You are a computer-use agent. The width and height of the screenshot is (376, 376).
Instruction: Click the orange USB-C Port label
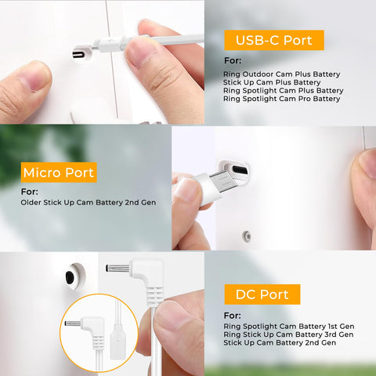274,40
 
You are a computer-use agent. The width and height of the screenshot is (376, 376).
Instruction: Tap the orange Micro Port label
59,172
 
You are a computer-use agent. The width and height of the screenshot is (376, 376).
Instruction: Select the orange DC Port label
262,295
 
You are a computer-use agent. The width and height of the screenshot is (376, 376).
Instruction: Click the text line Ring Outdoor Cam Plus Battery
281,74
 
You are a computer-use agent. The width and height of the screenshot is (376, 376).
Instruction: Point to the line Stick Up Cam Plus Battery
272,82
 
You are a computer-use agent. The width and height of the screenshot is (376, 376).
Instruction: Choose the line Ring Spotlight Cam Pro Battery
281,99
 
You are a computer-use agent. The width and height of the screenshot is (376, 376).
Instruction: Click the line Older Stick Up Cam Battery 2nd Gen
89,202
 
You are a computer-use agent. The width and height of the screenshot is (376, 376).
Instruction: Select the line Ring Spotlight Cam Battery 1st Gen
289,327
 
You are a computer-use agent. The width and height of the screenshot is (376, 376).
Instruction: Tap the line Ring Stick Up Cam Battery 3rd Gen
288,334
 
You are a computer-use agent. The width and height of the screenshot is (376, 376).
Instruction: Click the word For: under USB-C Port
233,60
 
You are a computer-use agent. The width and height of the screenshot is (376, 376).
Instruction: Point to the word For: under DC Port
233,316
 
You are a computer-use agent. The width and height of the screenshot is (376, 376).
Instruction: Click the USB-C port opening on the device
79,55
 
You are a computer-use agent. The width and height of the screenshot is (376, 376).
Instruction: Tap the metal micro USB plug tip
224,182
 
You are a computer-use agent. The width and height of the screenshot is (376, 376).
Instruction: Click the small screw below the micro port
246,237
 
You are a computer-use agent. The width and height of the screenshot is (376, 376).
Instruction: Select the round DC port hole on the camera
70,277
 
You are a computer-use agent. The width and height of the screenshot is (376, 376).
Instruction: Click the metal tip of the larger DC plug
117,268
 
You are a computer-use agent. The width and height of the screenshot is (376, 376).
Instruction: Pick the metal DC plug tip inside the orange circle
73,324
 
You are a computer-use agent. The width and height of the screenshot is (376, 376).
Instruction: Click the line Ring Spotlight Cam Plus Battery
284,91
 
